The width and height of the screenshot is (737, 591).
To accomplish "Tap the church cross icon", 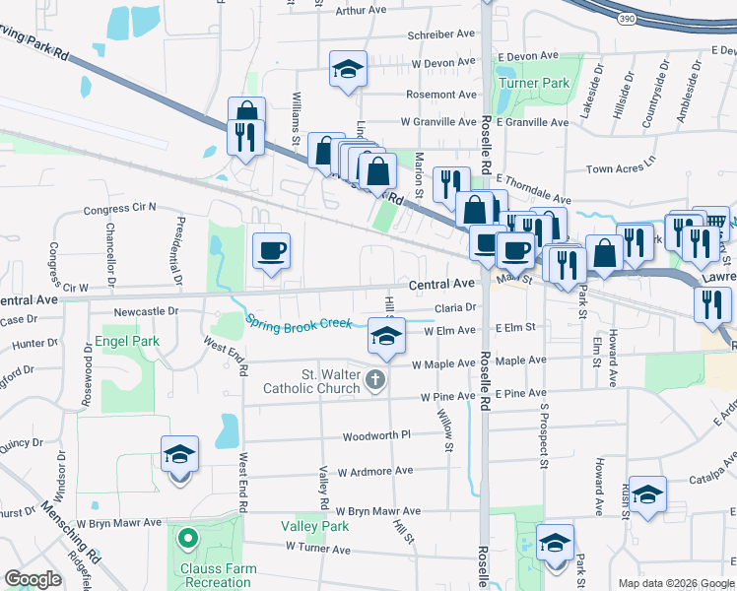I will [373, 379].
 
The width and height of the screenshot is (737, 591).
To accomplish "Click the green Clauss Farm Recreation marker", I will [186, 539].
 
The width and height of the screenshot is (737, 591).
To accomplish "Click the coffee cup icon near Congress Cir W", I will [271, 249].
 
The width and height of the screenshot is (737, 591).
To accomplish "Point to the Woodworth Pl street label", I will [375, 436].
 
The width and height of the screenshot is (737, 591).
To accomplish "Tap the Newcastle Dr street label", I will [146, 310].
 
